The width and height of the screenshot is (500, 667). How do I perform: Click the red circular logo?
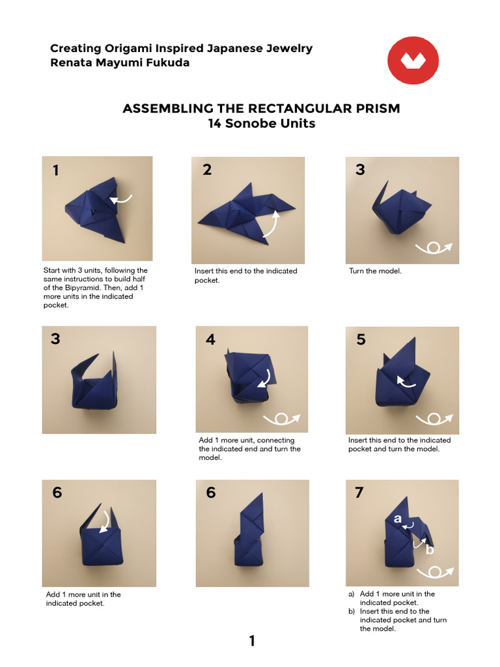pos(413,61)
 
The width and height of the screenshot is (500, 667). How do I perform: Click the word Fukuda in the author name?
pos(167,63)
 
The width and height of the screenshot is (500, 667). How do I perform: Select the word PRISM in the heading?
pos(378,109)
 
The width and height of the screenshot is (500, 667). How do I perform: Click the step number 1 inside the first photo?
pos(56,171)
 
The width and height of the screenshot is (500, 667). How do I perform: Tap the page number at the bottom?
pos(252,641)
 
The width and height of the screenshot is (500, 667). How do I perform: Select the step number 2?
pos(207,170)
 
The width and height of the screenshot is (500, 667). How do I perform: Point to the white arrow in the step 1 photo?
pos(121,199)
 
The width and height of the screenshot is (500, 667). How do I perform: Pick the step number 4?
pos(210,339)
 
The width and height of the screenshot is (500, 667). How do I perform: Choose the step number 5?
pos(361,339)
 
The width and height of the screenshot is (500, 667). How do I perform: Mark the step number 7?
pos(359,492)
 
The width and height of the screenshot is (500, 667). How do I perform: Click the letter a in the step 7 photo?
pos(398,518)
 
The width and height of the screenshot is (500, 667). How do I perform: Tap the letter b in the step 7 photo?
pos(430,550)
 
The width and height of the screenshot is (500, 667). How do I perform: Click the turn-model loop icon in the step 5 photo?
pos(434,419)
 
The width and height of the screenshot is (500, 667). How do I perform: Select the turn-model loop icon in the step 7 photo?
pos(435,572)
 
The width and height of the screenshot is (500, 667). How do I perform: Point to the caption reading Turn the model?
pos(375,271)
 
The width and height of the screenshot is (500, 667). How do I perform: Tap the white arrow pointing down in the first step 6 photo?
pos(105,521)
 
